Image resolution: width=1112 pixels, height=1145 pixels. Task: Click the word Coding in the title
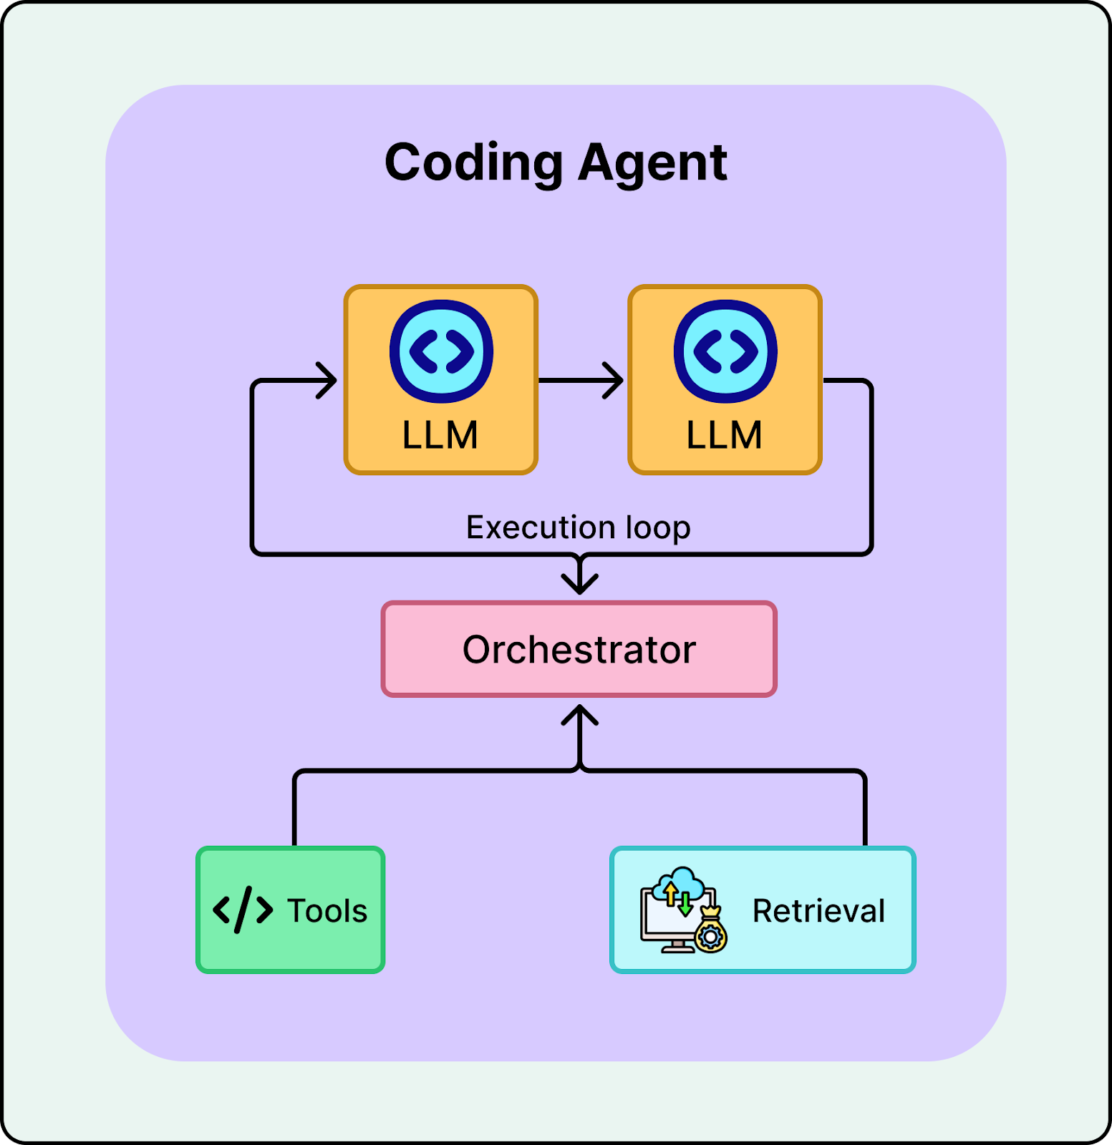tap(474, 163)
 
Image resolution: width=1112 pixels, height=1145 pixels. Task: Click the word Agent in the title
tap(652, 163)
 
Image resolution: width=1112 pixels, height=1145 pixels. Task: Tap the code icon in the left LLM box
tap(441, 351)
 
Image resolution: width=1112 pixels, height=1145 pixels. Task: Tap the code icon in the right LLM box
tap(725, 351)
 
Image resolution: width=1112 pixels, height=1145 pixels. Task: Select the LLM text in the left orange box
tap(440, 435)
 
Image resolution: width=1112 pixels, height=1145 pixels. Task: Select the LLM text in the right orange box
tap(724, 435)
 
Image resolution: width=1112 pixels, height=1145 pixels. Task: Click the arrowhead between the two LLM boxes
tap(614, 380)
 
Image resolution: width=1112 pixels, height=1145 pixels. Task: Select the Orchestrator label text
tap(579, 650)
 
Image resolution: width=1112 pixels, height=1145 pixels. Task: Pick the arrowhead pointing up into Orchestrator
tap(579, 715)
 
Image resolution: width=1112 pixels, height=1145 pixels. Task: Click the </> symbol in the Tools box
tap(243, 910)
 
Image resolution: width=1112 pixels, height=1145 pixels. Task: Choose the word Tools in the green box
tap(327, 911)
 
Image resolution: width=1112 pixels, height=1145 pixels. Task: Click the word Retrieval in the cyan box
tap(818, 911)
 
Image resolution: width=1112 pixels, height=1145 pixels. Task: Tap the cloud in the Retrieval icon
tap(681, 881)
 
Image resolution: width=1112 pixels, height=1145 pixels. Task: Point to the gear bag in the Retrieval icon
tap(711, 931)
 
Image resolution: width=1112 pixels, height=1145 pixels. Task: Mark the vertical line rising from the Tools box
tap(295, 809)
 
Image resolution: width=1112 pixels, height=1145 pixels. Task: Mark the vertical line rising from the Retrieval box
tap(865, 809)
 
